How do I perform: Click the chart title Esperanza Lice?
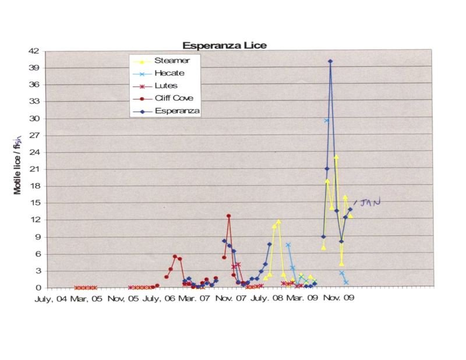pos(224,45)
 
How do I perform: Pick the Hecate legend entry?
pos(170,73)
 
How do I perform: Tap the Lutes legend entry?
pos(167,86)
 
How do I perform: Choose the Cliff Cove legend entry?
pos(174,98)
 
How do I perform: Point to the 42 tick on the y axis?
pos(33,51)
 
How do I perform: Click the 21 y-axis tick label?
pos(33,169)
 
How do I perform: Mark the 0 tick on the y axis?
pos(36,287)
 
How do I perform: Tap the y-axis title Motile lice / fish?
pos(18,169)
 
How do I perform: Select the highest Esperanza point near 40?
pos(330,61)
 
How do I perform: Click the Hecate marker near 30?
pos(326,121)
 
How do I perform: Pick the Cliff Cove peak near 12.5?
pos(229,216)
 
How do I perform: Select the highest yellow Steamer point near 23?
pos(336,157)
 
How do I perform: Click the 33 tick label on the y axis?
pos(33,101)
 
